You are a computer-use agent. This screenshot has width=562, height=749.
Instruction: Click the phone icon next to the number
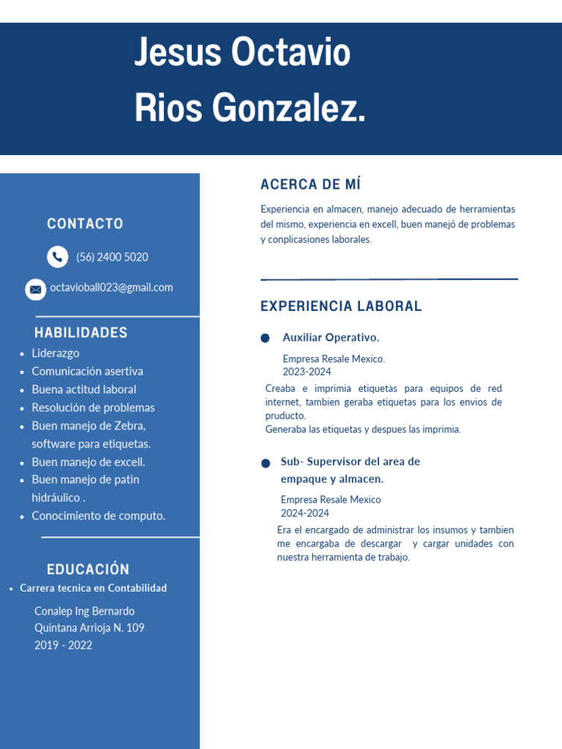tap(57, 257)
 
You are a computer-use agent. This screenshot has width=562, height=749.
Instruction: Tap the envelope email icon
tap(35, 289)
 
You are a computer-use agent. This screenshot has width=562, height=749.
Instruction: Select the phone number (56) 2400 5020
tap(112, 257)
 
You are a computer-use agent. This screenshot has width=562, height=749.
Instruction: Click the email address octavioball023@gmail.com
tap(111, 287)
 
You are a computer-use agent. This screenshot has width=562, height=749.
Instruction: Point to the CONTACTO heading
tap(85, 224)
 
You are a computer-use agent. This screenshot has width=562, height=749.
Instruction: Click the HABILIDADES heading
tap(80, 333)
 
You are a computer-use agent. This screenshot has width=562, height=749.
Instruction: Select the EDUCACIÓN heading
tap(88, 569)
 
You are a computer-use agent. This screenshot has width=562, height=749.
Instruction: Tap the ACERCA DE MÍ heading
tap(310, 184)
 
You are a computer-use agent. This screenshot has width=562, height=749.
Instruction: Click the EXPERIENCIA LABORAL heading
tap(341, 306)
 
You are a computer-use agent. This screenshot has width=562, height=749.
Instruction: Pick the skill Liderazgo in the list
tap(56, 353)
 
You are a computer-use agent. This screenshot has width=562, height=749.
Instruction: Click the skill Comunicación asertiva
tap(87, 372)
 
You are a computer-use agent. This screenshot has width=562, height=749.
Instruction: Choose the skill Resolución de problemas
tap(93, 407)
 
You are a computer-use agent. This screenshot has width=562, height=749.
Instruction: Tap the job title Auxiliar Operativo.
tap(331, 337)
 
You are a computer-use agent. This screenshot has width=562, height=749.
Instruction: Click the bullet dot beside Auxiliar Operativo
tap(266, 338)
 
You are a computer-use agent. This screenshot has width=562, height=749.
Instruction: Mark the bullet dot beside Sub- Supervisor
tap(266, 464)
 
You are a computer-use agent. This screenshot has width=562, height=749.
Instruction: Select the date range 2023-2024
tap(307, 372)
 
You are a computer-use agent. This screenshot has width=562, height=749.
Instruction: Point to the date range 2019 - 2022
tap(63, 645)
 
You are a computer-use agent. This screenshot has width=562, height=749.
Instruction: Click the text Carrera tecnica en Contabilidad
tap(93, 588)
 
